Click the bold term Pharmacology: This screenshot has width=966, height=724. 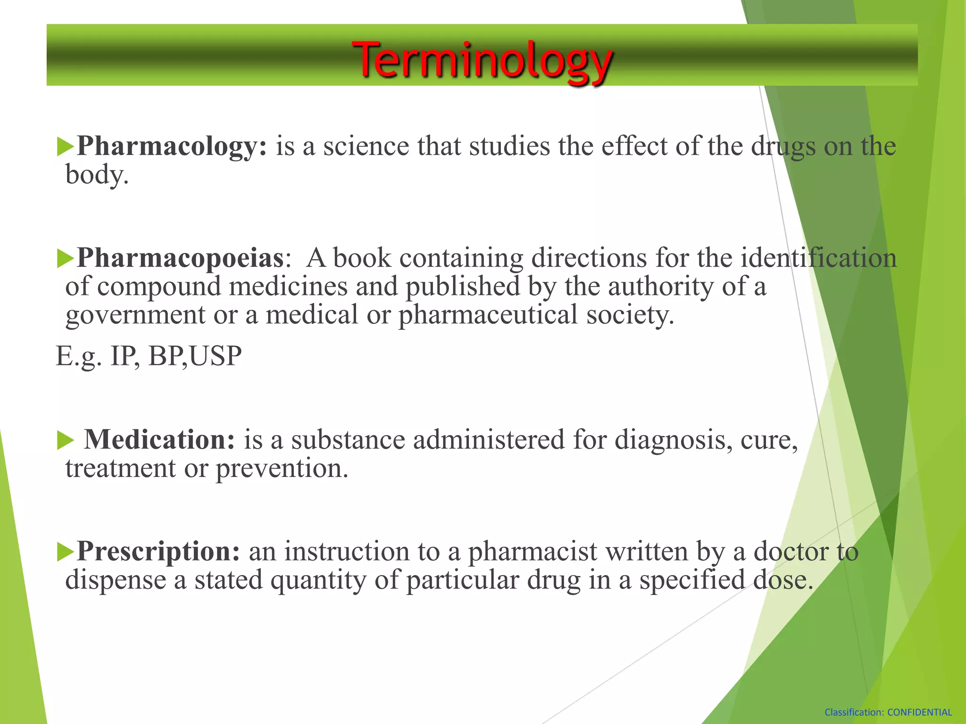coord(172,146)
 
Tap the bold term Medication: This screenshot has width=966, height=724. coord(159,439)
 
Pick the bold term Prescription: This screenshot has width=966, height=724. coord(158,551)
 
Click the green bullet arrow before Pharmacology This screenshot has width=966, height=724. coord(65,147)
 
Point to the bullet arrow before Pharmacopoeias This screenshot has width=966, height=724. coord(65,259)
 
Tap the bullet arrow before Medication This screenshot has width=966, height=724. coord(65,441)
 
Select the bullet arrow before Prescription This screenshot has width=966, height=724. coord(65,552)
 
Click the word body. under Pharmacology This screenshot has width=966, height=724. coord(97,175)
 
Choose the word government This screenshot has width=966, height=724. coord(135,315)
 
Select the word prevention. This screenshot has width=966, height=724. coord(282,469)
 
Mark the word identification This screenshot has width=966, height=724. coord(818,258)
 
